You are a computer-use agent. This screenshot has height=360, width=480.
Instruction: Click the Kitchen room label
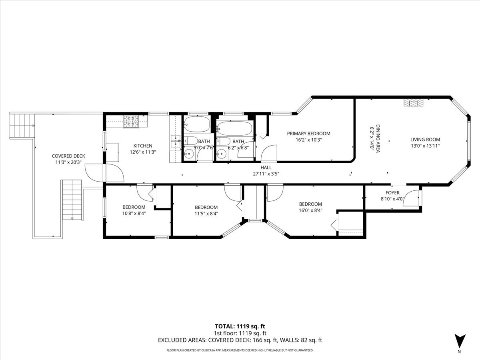point(143,146)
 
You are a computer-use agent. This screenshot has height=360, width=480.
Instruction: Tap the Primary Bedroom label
point(308,134)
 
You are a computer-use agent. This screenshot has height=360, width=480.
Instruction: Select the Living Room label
point(425,140)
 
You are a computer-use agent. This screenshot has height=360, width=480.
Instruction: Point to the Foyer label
point(392,192)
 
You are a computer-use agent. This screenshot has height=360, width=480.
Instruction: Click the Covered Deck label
point(68,156)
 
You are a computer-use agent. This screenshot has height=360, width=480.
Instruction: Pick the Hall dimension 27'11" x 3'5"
point(266,174)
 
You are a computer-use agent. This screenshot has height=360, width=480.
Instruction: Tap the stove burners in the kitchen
point(131,122)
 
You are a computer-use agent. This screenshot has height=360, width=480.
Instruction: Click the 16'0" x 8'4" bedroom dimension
point(310,210)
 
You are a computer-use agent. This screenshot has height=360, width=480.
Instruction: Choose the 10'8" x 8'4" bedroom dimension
point(134,213)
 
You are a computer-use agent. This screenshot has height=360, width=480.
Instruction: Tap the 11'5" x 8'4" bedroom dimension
point(206,214)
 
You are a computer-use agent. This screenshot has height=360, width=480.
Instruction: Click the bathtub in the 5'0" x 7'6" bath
point(197,124)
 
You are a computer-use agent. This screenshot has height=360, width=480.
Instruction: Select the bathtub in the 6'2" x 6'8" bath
point(236,128)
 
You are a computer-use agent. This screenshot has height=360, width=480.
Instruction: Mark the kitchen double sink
point(176,141)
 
